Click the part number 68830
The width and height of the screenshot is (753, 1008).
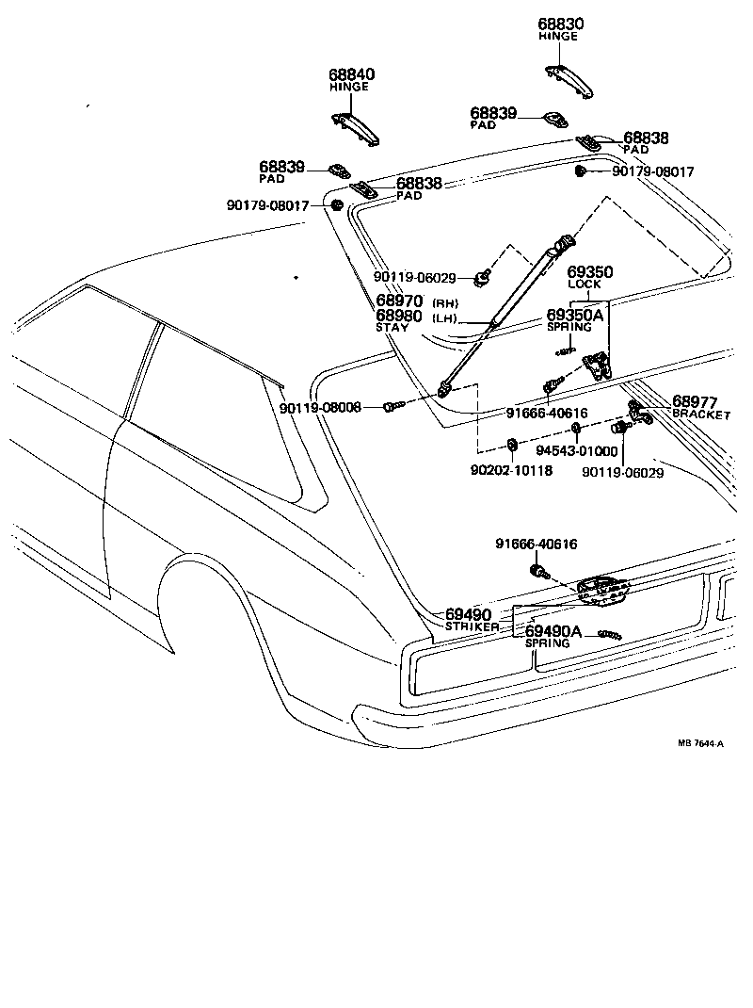(561, 24)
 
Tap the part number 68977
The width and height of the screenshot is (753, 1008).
(695, 402)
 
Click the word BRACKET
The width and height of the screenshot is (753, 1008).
(701, 415)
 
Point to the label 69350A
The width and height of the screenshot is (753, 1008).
(575, 316)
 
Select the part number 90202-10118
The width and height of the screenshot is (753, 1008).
(512, 470)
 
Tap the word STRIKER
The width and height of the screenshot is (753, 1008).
(473, 626)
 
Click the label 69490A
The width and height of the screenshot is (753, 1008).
(553, 631)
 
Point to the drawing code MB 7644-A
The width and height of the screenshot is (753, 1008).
(700, 743)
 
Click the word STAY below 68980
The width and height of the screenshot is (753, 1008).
(393, 328)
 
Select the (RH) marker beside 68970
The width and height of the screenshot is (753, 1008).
(444, 302)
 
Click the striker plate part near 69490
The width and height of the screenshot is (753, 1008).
(602, 590)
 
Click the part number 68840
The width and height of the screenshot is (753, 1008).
(351, 74)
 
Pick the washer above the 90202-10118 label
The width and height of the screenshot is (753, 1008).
(512, 445)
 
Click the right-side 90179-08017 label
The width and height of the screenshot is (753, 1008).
(652, 172)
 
